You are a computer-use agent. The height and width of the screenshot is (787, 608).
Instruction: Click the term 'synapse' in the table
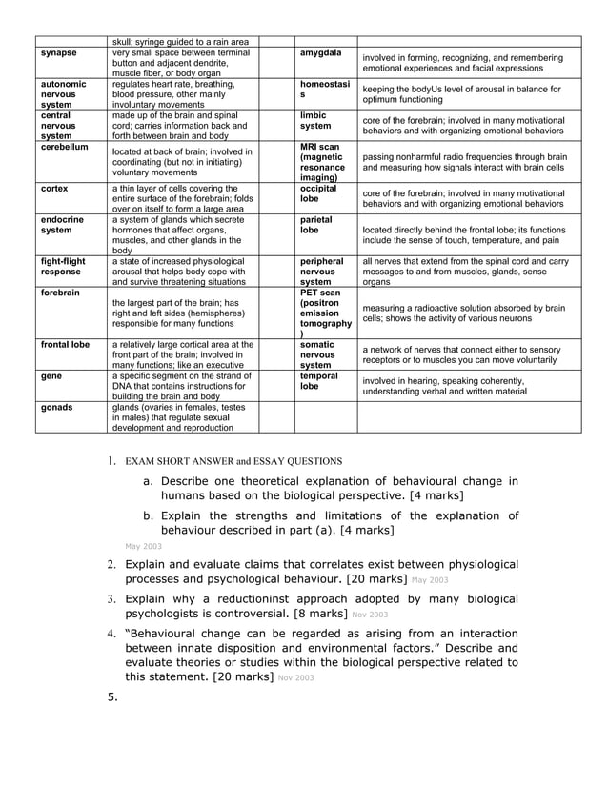point(59,52)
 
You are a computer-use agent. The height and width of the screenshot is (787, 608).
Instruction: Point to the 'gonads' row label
point(58,408)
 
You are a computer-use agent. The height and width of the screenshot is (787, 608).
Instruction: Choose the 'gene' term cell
point(52,376)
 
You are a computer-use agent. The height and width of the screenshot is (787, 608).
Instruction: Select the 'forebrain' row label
point(61,293)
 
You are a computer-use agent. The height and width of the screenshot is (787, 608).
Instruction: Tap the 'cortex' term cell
point(55,189)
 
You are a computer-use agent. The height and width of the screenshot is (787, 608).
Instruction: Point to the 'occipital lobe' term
point(317,194)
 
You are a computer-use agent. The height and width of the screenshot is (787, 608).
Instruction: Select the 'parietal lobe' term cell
point(315,225)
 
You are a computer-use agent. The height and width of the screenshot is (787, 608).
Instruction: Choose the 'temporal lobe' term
point(317,382)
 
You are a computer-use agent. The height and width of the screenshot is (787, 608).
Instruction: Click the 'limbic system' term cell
point(315,121)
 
